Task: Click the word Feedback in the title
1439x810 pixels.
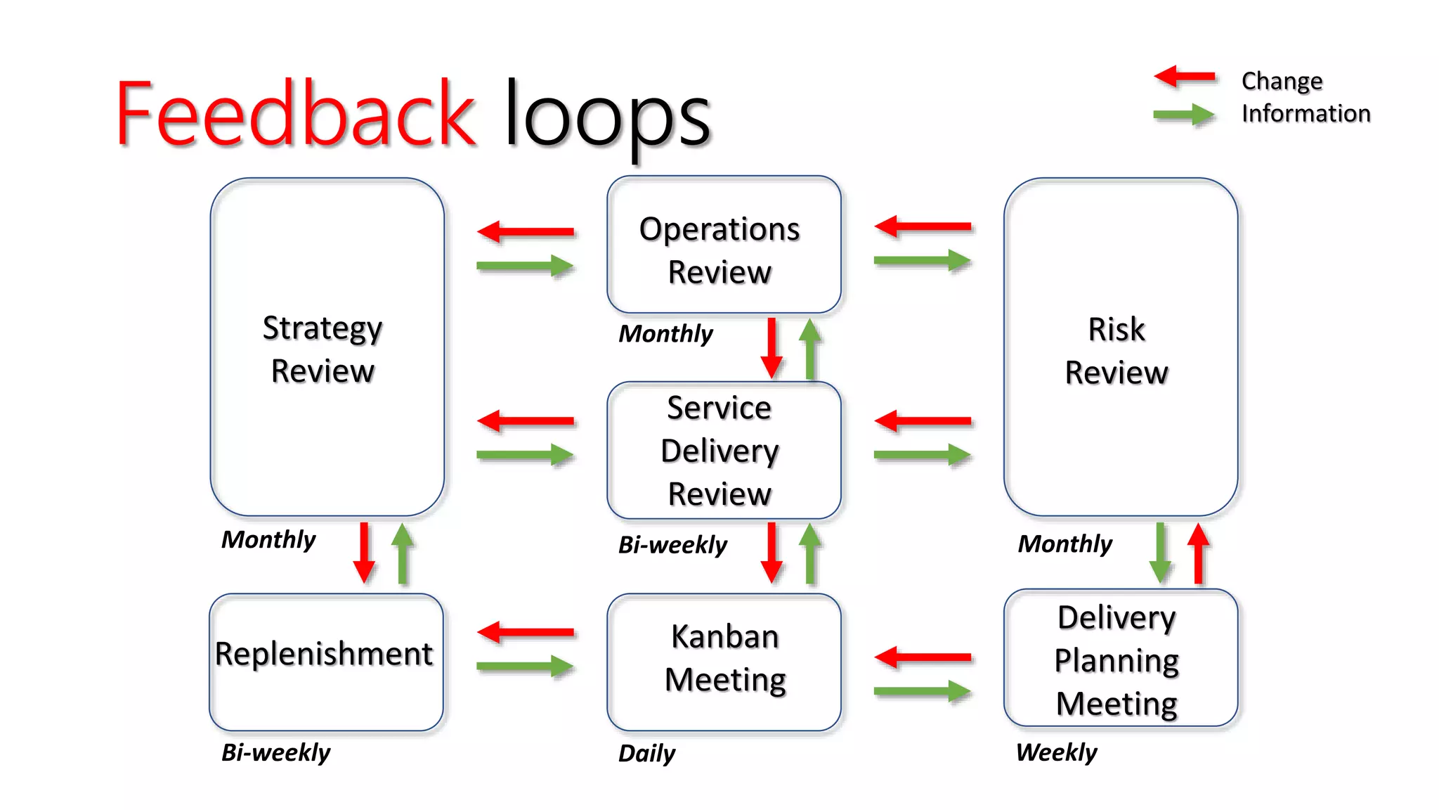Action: [295, 114]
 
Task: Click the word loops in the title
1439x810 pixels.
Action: [607, 117]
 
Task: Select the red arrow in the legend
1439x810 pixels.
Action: [1185, 77]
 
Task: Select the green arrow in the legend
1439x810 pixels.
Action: [1185, 115]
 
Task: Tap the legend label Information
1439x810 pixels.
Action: [1305, 113]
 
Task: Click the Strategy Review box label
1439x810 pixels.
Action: [323, 349]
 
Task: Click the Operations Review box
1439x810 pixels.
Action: [723, 244]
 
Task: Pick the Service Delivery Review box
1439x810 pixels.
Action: [723, 450]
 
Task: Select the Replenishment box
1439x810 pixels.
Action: [325, 661]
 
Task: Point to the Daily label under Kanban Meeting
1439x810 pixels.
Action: [646, 753]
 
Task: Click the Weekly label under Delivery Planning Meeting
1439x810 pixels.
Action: [1056, 752]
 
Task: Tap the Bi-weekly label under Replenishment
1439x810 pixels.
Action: [275, 752]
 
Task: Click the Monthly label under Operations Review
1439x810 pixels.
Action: [665, 333]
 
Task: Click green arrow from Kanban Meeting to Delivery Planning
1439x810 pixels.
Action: [923, 692]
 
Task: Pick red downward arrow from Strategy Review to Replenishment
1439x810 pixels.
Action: [364, 552]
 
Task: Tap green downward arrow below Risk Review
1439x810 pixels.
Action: [1159, 553]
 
